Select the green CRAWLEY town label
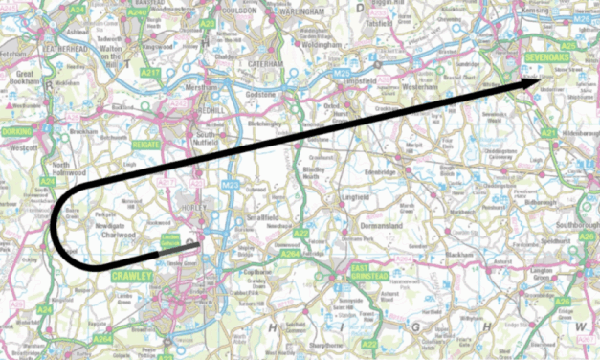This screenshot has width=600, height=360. pos(131,276)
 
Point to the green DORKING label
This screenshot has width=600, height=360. pos(17,131)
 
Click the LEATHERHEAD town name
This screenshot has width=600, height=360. pos(45,47)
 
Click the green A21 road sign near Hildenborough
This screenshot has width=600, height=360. pos(548,133)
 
